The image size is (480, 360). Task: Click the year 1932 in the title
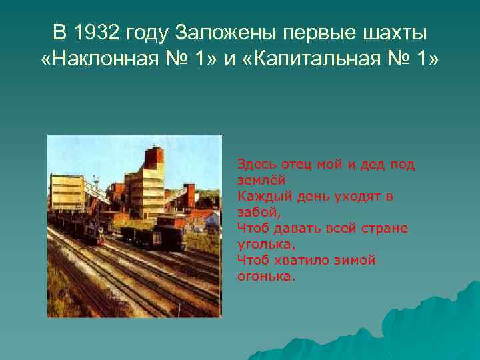coord(113,32)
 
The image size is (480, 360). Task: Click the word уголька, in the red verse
coord(261,244)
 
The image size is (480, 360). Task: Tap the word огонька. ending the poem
coord(265,276)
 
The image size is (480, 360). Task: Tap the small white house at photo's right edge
coord(212,218)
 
